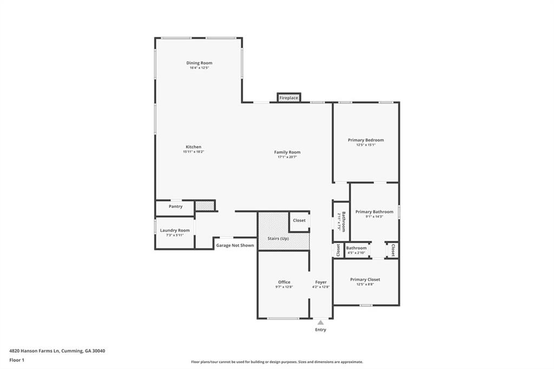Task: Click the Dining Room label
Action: coord(199,63)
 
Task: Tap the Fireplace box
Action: coord(289,98)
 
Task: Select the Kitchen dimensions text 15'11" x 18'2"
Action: coord(193,152)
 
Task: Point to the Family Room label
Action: coord(287,152)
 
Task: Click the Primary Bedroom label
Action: coord(366,140)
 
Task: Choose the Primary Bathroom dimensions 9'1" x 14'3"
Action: coord(374,216)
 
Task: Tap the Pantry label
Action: coord(175,206)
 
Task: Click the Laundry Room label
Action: coord(175,230)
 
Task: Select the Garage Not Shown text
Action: coord(235,245)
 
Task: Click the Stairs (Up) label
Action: coord(278,239)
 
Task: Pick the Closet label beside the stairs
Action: coord(299,220)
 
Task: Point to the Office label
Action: coord(284,282)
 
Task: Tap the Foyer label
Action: coord(321,282)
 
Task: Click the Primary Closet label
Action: coord(365,279)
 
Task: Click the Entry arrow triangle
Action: coord(320,322)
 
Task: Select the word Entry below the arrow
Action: coord(320,330)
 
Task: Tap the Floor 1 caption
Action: coord(17,360)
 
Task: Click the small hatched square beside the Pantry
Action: coord(204,206)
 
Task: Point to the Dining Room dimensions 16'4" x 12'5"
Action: coord(199,68)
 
